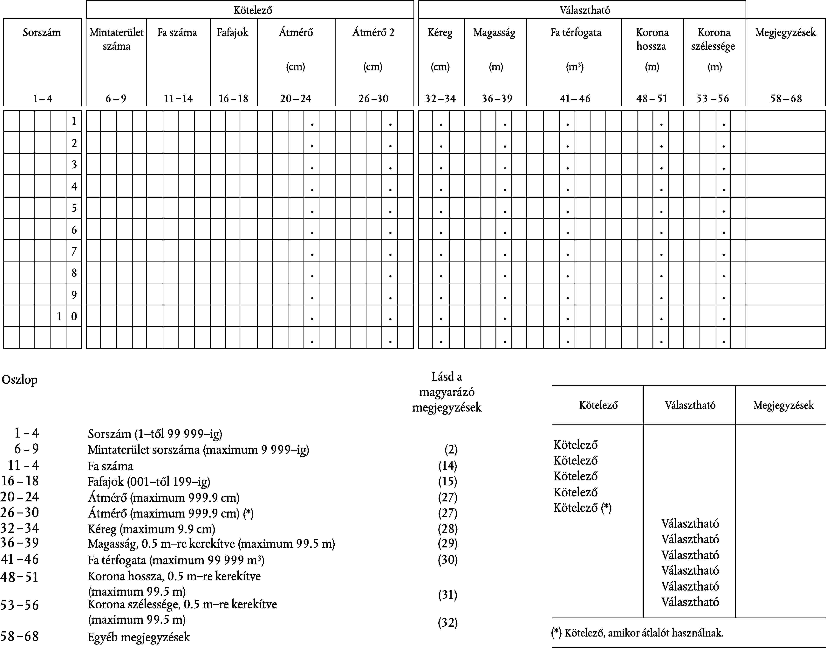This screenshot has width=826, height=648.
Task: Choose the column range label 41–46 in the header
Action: pyautogui.click(x=575, y=99)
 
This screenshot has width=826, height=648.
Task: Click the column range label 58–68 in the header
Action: pyautogui.click(x=786, y=99)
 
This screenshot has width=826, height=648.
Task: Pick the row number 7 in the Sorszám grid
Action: pyautogui.click(x=74, y=251)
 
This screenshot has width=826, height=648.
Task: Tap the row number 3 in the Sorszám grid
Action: pyautogui.click(x=74, y=164)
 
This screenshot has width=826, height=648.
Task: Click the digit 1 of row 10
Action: pyautogui.click(x=59, y=316)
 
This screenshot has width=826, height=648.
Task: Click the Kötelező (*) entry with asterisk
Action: pyautogui.click(x=582, y=508)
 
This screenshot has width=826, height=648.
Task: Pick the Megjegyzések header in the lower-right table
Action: pyautogui.click(x=783, y=405)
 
